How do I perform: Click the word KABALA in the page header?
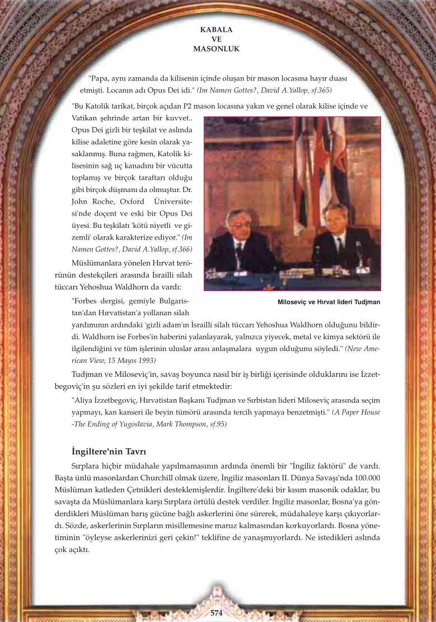[x=217, y=29]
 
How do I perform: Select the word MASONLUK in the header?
[x=217, y=49]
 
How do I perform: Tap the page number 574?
[x=217, y=613]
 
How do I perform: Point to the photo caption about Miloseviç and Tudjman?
[x=329, y=302]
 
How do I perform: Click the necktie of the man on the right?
[x=340, y=245]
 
